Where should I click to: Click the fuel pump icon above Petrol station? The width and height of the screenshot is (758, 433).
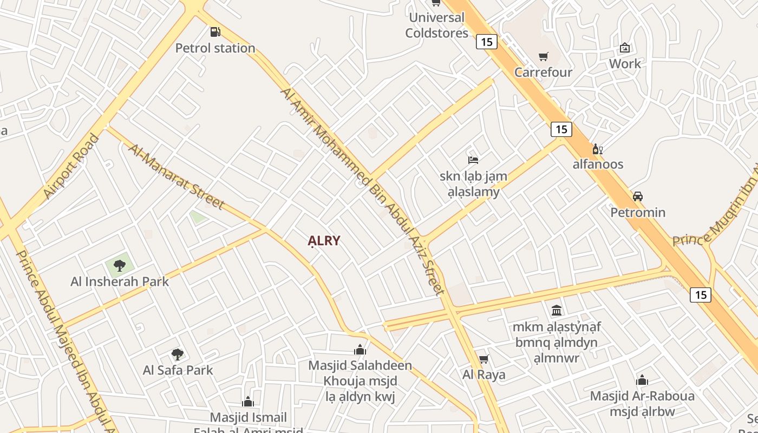(x=215, y=32)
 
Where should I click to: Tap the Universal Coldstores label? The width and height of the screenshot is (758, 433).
(x=436, y=25)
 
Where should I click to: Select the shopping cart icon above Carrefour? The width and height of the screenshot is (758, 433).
(x=543, y=56)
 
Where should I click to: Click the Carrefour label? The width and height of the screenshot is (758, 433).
(x=543, y=72)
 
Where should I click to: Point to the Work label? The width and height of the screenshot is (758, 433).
(x=625, y=63)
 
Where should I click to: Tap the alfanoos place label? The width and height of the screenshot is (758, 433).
(x=598, y=164)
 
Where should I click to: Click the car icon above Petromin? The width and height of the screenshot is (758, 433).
(x=638, y=196)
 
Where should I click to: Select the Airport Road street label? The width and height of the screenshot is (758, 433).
(x=71, y=166)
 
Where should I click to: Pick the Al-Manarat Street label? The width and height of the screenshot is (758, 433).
(x=176, y=176)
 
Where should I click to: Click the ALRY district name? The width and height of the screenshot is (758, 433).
(x=324, y=241)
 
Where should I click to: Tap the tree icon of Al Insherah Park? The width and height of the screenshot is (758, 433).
(x=120, y=265)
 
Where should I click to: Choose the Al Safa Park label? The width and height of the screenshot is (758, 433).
(x=178, y=370)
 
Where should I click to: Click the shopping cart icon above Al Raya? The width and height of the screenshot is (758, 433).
(x=483, y=359)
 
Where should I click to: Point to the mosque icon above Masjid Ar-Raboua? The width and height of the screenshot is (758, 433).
(x=642, y=380)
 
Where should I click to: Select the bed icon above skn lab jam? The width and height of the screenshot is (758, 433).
(x=473, y=160)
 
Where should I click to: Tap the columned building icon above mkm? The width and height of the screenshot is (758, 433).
(x=557, y=310)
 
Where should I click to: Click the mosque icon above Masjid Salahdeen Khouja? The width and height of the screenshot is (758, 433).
(x=360, y=350)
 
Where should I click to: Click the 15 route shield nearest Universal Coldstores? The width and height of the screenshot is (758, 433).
(x=487, y=42)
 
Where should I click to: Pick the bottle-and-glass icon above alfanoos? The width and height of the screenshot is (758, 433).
(x=597, y=149)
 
